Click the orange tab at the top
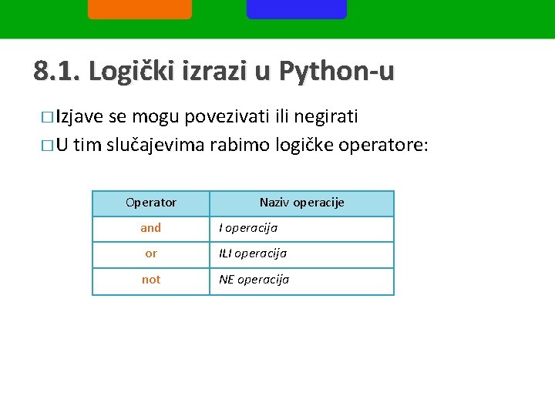coord(140,8)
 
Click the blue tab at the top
coord(297,8)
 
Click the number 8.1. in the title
coord(57,72)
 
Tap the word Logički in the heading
coord(130,72)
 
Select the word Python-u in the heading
coord(336,72)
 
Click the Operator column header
coord(151,203)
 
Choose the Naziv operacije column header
coord(301,203)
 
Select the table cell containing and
coord(151,228)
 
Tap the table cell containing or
coord(151,253)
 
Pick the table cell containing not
coord(151,280)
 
